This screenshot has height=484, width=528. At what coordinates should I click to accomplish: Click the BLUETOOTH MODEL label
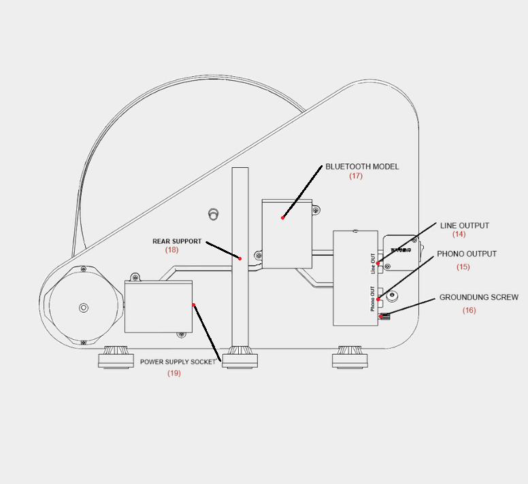pos(362,167)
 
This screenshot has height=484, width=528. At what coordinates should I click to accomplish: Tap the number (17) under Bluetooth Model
pos(356,176)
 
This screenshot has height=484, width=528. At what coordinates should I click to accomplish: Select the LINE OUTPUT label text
pos(464,226)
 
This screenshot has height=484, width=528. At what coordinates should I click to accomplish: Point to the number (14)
pos(459,235)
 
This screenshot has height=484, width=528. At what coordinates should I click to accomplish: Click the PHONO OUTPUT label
pos(467,254)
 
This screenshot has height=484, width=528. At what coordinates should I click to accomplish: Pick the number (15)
pos(463,267)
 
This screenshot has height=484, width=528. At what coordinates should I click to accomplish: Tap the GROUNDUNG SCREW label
pos(478,298)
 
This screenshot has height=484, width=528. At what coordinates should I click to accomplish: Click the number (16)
pos(469,311)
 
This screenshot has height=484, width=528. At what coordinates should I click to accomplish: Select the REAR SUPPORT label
pos(177,241)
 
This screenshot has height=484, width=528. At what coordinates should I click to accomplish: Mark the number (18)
pos(171,250)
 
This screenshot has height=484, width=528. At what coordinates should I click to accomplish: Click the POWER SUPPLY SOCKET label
pos(178,362)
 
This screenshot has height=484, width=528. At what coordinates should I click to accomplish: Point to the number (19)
pos(174,373)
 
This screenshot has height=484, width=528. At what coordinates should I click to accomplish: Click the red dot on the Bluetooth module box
pos(283,218)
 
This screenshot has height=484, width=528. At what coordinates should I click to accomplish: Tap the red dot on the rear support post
pos(240,258)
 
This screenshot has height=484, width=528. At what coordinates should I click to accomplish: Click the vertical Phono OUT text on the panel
pos(373,298)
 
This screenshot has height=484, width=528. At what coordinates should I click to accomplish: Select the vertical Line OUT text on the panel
pos(373,263)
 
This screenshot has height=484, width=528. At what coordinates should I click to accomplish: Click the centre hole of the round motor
pos(84,308)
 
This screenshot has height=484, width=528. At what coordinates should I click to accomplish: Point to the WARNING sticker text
pos(401,250)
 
